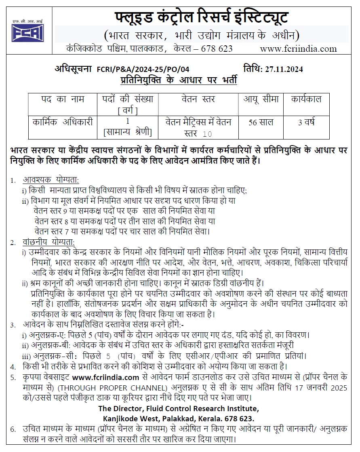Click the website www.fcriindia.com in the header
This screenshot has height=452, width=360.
[298, 49]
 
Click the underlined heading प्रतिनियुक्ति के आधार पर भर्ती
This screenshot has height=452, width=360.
[179, 80]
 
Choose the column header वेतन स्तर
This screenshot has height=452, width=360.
[198, 99]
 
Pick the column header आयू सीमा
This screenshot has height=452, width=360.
[261, 99]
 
